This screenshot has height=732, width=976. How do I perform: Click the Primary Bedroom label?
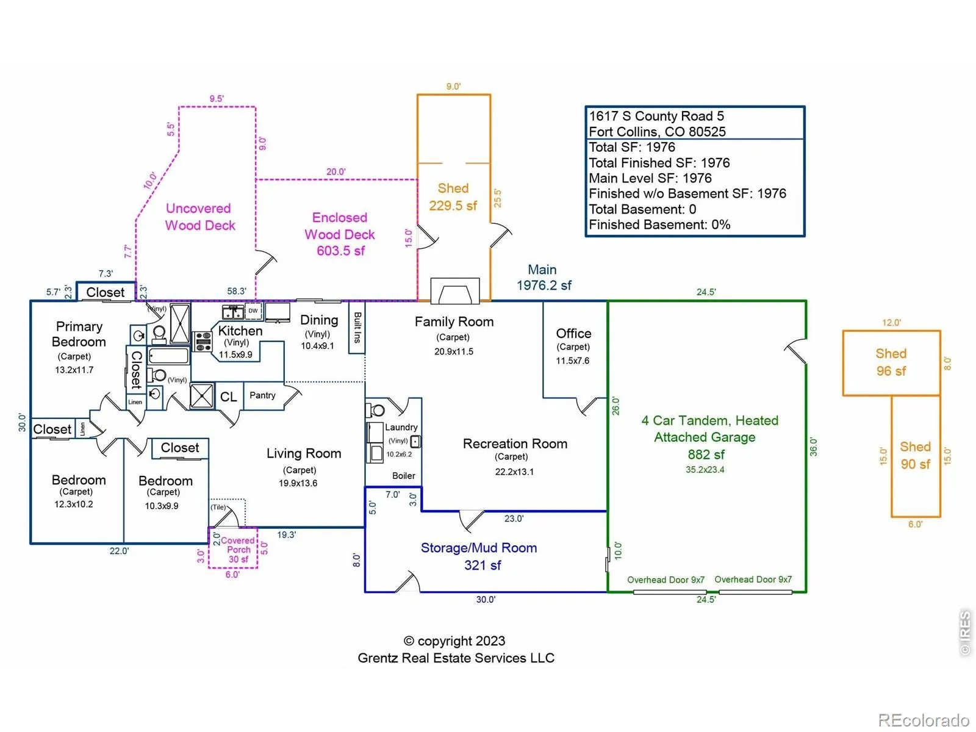[x=79, y=334]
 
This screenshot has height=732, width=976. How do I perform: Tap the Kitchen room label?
[x=240, y=331]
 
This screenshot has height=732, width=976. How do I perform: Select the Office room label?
[x=573, y=334]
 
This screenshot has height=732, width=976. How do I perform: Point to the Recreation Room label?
[x=515, y=444]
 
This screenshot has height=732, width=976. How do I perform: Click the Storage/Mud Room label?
[x=479, y=548]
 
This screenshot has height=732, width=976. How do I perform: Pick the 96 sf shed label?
[x=891, y=362]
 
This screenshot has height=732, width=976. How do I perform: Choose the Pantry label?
[x=262, y=395]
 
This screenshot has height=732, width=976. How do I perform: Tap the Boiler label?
[x=404, y=476]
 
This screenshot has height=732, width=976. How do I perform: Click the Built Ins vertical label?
[x=357, y=328]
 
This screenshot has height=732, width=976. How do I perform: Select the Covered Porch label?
[x=238, y=545]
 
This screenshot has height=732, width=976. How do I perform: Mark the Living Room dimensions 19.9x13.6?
[x=298, y=483]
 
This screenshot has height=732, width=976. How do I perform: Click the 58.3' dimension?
[x=237, y=292]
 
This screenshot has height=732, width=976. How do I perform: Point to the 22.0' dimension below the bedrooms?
[x=119, y=551]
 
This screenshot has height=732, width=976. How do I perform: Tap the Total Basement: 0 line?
[x=642, y=209]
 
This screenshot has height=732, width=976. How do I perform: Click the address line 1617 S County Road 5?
[x=656, y=116]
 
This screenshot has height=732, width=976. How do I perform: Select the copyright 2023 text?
[x=455, y=641]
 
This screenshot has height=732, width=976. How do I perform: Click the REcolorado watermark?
[x=923, y=720]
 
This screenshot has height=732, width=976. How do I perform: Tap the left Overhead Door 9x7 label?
[x=666, y=580]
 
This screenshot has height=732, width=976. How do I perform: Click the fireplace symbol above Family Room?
[x=455, y=291]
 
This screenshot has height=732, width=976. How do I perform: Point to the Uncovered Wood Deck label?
[x=200, y=217]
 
